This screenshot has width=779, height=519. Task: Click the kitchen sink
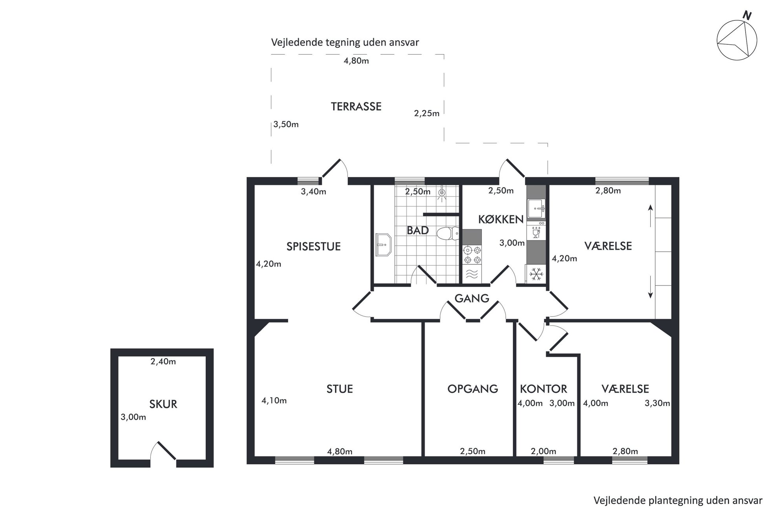[536, 208]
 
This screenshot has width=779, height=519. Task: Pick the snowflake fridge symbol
[536, 273]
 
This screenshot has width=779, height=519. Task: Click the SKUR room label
[163, 404]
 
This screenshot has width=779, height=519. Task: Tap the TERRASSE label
[356, 107]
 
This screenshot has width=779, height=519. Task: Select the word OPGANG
[473, 389]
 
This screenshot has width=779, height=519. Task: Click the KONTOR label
[543, 389]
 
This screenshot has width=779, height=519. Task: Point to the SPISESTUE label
[313, 246]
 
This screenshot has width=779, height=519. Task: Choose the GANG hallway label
[472, 299]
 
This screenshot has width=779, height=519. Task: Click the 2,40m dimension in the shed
[163, 362]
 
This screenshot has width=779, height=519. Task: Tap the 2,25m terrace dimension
[427, 113]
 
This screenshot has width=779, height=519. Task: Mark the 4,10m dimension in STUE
[274, 401]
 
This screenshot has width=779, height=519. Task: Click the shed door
[166, 450]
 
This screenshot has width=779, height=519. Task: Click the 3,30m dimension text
[657, 403]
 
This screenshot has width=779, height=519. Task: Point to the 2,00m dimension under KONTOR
[543, 452]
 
